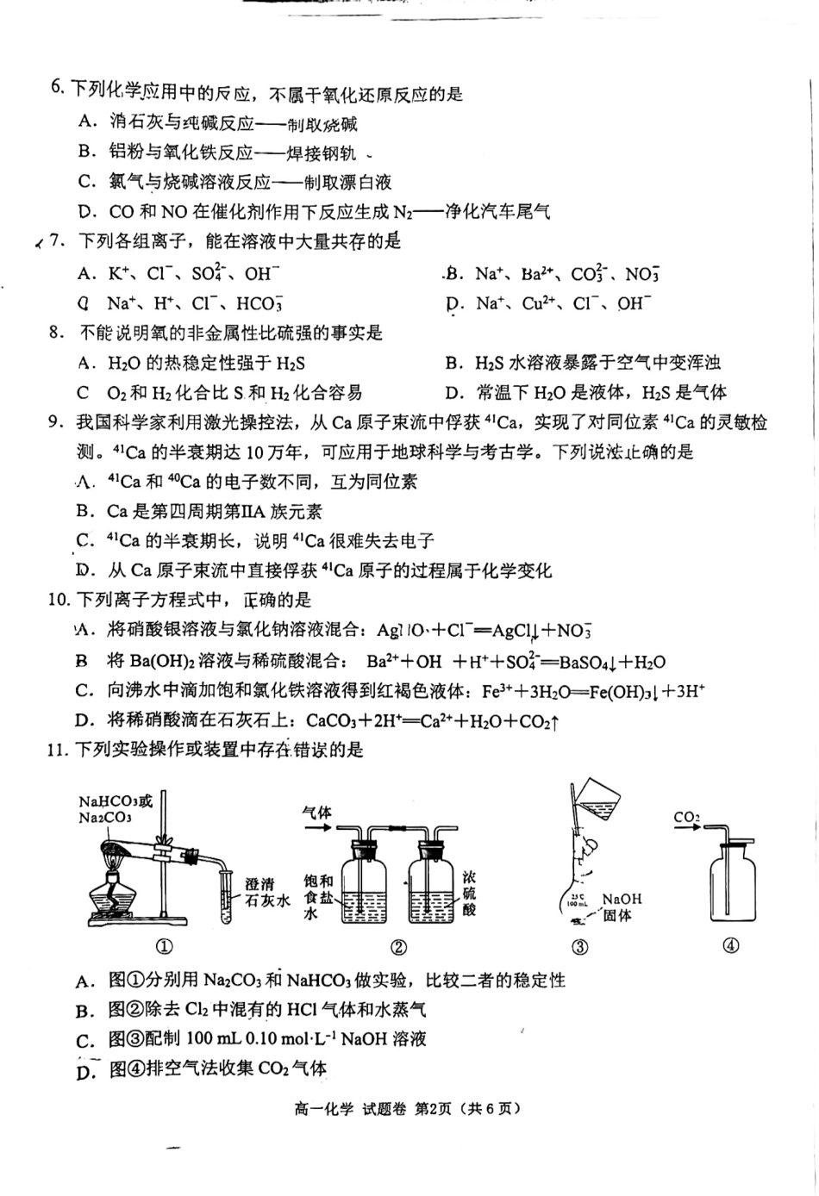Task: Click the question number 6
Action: pos(57,88)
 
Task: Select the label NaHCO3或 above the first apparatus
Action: pos(115,800)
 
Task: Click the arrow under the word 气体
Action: pos(316,828)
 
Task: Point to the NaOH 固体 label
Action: pos(622,906)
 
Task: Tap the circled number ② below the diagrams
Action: pos(398,947)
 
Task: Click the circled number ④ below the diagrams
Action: pos(731,946)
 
